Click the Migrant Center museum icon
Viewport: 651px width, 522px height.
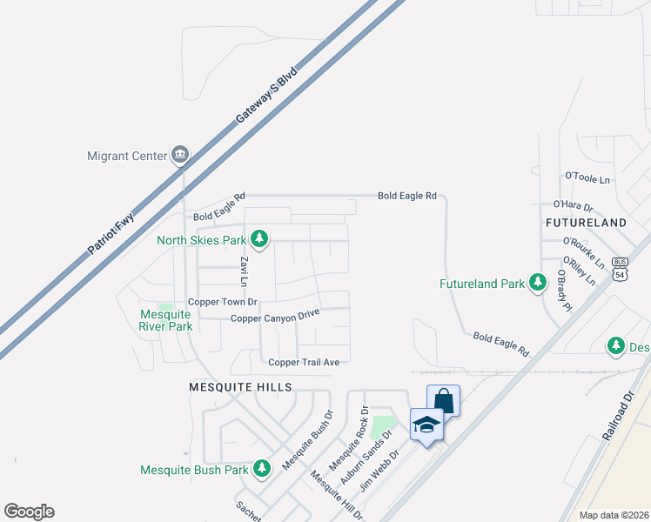180,156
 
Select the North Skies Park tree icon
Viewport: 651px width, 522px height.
258,238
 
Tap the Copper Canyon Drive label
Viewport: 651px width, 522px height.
275,316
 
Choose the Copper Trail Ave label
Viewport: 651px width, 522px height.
309,362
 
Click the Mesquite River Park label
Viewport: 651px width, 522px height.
152,321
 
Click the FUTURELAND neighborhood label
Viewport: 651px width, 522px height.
586,223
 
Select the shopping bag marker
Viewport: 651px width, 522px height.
443,401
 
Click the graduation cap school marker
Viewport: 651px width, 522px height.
426,425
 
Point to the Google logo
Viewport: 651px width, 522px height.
29,512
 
